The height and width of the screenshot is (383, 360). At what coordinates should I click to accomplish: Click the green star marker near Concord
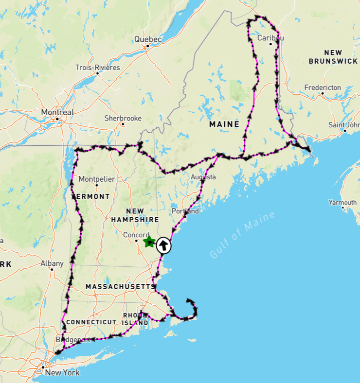pos(149,242)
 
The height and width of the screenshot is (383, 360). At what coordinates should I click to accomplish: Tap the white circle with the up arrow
pos(164,245)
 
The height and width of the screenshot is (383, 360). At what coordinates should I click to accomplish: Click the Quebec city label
pos(147,39)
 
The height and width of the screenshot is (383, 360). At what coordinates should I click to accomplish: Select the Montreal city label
pos(57,112)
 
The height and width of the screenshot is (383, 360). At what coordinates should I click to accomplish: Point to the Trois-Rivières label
pos(97,68)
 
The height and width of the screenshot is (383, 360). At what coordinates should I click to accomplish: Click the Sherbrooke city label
pos(123,118)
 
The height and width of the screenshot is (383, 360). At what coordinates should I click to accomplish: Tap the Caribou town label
pos(270,38)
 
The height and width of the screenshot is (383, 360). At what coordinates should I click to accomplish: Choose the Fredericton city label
pos(323,87)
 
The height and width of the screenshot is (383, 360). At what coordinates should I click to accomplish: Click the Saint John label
pos(344,125)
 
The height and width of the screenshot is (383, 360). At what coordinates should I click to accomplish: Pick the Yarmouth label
pos(342,202)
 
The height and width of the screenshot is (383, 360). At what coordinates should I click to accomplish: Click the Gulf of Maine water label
pos(242,235)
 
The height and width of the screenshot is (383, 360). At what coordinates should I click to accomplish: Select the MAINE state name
pos(224,124)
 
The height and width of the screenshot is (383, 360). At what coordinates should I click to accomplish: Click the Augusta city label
pos(203,177)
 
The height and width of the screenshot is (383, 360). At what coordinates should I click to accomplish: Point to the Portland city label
pos(185,211)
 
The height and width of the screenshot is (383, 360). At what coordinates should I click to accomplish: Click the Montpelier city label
pos(97,179)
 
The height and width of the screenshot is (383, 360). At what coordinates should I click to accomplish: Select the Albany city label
pos(52,263)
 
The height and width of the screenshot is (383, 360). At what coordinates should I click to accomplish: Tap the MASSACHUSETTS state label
pos(120,287)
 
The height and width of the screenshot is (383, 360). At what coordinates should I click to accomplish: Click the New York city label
pos(62,373)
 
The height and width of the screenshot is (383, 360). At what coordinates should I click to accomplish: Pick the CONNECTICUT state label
pos(91,322)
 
